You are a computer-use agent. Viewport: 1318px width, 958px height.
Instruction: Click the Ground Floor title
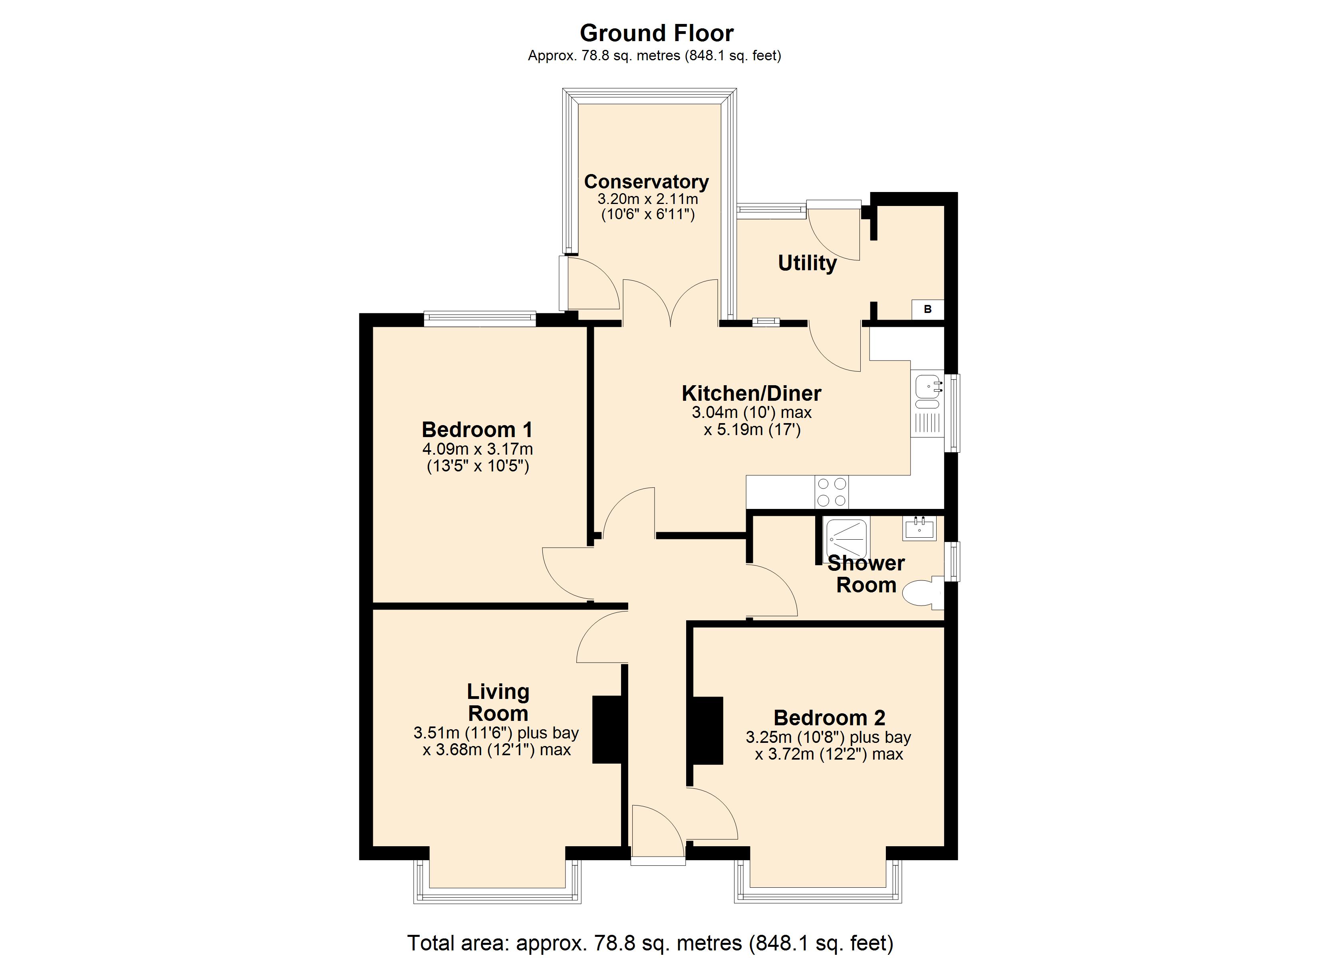tap(657, 33)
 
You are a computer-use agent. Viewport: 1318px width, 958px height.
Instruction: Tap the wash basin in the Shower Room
tap(919, 528)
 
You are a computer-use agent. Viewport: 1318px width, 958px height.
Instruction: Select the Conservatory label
tap(646, 182)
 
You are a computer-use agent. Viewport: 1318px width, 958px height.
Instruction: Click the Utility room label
tap(807, 263)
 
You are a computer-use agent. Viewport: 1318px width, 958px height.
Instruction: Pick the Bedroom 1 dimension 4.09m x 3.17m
tap(477, 449)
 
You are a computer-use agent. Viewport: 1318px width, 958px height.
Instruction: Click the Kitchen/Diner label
tap(751, 393)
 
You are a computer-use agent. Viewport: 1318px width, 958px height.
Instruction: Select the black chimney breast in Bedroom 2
tap(707, 730)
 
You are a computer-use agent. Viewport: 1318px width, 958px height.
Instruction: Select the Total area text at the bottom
tap(650, 942)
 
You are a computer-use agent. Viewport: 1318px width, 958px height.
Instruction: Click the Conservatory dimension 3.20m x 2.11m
tap(648, 199)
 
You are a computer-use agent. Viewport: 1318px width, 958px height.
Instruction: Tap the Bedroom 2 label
tap(829, 718)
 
